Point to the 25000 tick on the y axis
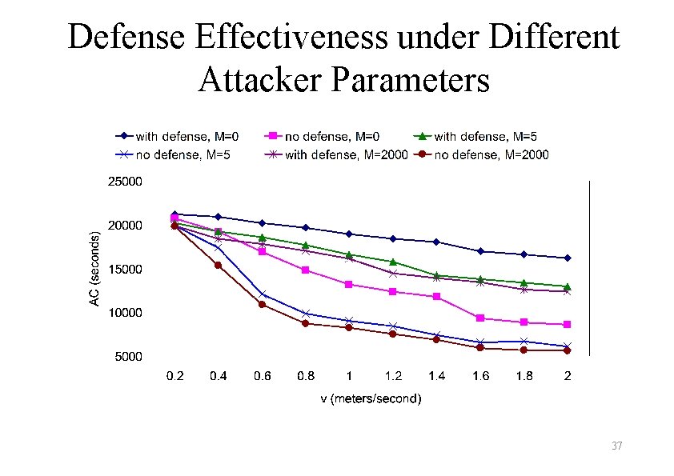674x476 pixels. click(125, 182)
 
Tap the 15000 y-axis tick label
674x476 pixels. click(125, 269)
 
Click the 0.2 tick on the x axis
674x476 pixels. click(175, 376)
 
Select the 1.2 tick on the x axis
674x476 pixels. click(392, 376)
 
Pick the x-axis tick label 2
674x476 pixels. click(567, 376)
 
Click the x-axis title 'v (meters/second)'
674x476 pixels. click(366, 398)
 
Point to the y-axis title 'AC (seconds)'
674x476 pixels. click(94, 268)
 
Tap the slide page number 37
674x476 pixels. click(615, 446)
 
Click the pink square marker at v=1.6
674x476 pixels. click(479, 318)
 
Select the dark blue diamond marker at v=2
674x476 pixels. click(567, 258)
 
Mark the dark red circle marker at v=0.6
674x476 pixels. click(262, 304)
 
